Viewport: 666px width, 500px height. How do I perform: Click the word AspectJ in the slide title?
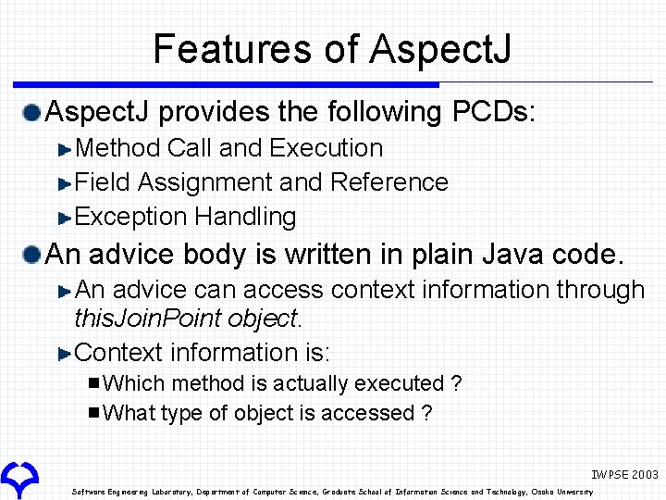440,49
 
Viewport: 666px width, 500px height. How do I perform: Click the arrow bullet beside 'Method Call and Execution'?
64,149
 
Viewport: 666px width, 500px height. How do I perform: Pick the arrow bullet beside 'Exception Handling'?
64,219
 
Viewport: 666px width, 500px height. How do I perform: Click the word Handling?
245,217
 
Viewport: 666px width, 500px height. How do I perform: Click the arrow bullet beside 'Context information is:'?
64,354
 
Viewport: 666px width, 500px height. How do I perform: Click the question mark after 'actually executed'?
455,383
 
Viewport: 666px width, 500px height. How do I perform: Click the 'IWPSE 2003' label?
625,474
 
